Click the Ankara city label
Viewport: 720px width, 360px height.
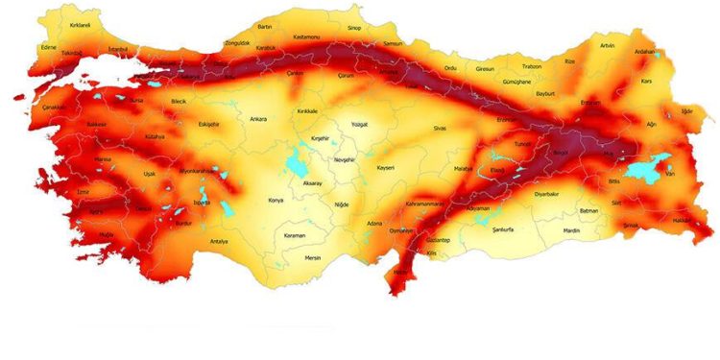point(258,119)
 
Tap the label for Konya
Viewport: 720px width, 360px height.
point(276,200)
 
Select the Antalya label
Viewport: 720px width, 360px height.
point(219,241)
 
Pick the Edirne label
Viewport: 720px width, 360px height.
point(50,45)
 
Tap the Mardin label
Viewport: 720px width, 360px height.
point(571,231)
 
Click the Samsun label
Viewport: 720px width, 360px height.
point(393,43)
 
